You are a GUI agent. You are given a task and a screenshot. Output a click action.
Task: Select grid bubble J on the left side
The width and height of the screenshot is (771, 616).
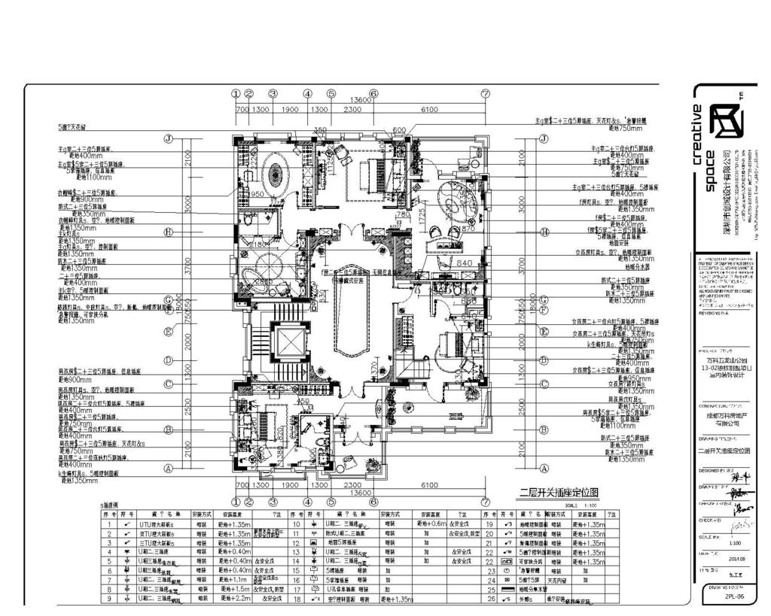tap(169, 139)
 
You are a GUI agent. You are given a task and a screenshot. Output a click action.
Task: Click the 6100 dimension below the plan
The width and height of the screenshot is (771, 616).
tap(429, 485)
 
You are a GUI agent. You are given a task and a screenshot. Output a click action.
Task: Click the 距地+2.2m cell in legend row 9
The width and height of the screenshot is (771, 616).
tap(231, 599)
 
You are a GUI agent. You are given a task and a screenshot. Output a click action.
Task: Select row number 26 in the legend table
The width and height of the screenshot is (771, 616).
tap(491, 599)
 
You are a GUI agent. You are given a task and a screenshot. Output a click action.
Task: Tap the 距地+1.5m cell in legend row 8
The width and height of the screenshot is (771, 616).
tap(231, 589)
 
